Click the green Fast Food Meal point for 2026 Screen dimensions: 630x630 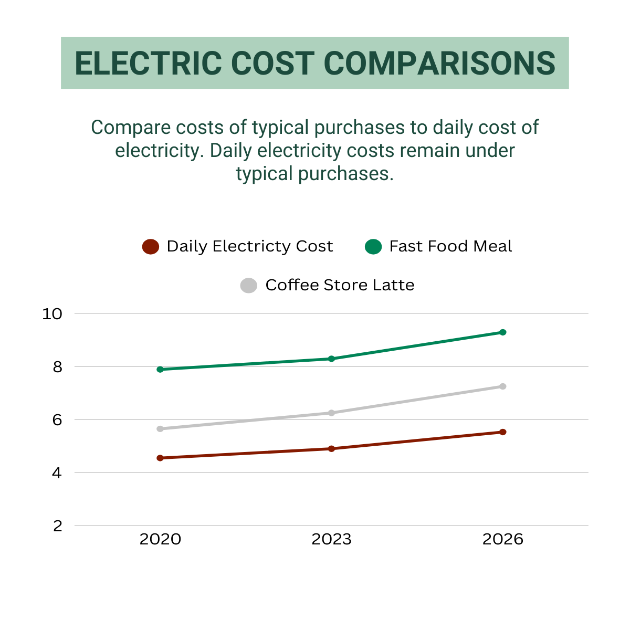[x=502, y=332]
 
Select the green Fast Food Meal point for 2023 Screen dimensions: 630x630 [x=331, y=359]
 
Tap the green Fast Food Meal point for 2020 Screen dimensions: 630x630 [x=160, y=370]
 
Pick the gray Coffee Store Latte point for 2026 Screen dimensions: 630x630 [x=502, y=386]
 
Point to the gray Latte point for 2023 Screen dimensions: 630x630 [x=331, y=413]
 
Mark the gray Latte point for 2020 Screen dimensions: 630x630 [x=160, y=429]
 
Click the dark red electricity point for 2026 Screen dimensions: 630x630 [x=502, y=432]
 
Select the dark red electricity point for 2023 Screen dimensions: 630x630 [x=331, y=449]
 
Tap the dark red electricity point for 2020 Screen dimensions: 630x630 [x=160, y=458]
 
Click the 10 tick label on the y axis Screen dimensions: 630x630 [x=52, y=314]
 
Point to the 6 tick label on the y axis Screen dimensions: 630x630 [x=57, y=420]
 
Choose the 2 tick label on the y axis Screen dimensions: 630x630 [x=57, y=526]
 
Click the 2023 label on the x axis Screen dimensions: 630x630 [x=331, y=540]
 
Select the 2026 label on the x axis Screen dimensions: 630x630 [x=502, y=540]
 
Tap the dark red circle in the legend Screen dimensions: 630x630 [x=151, y=247]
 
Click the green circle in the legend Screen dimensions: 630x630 [x=373, y=247]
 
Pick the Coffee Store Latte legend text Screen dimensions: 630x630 [x=340, y=285]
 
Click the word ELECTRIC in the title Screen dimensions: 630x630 [x=149, y=64]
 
